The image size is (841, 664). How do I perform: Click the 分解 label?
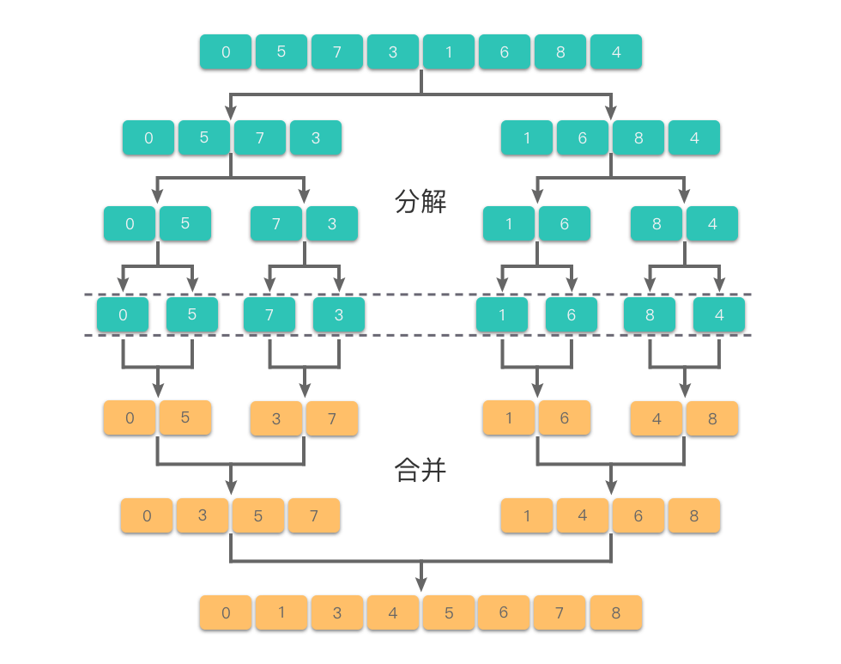pos(420,202)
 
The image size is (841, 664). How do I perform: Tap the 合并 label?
pos(420,470)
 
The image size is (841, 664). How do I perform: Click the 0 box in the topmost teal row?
pos(226,52)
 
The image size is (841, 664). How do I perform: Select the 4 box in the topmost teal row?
pos(616,52)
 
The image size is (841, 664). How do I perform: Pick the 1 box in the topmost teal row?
pos(448,52)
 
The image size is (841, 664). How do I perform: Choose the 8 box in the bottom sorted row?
pos(616,613)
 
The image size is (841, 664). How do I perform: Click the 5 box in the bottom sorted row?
pos(448,613)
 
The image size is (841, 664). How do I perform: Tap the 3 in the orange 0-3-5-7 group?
pos(203,515)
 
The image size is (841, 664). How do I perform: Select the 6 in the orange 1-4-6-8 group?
pos(638,515)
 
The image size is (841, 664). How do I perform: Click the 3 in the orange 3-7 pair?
pos(276,418)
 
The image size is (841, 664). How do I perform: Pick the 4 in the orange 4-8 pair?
pos(656,418)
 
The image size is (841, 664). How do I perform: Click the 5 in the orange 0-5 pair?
pos(185,417)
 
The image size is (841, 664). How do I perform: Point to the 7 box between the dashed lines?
pos(269,314)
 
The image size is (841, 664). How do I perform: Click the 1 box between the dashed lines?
pos(502,314)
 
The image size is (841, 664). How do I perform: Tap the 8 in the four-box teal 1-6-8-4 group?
pos(638,137)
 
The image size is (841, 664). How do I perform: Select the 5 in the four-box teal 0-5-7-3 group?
pos(203,137)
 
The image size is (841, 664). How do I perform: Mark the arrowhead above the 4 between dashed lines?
pos(719,284)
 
